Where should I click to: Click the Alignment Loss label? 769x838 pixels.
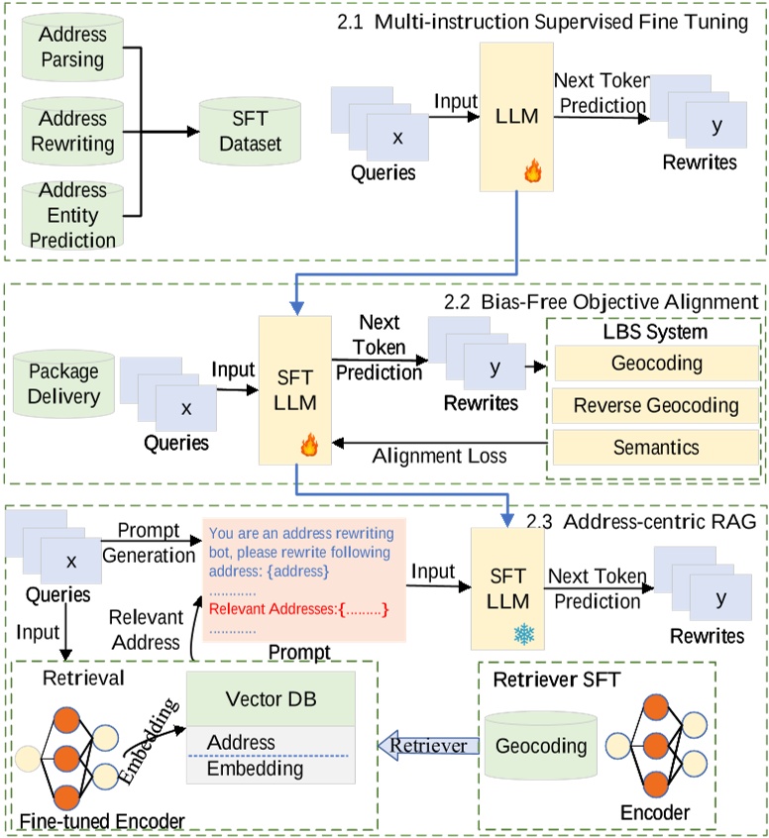click(440, 456)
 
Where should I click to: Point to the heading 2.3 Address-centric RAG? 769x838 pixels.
click(641, 521)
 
